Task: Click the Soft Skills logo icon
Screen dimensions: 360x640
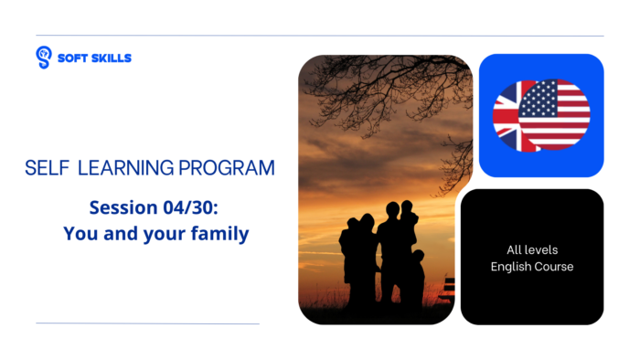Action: [43, 58]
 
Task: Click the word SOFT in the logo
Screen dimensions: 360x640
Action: [72, 58]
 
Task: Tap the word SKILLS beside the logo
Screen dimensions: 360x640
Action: [111, 58]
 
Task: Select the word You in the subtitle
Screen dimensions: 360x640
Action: [80, 233]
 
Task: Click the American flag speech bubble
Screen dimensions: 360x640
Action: [554, 114]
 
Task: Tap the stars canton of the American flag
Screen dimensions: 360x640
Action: [536, 98]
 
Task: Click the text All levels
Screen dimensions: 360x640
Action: [532, 249]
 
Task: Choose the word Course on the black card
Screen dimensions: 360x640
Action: [556, 266]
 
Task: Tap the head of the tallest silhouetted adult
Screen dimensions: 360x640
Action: [391, 209]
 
